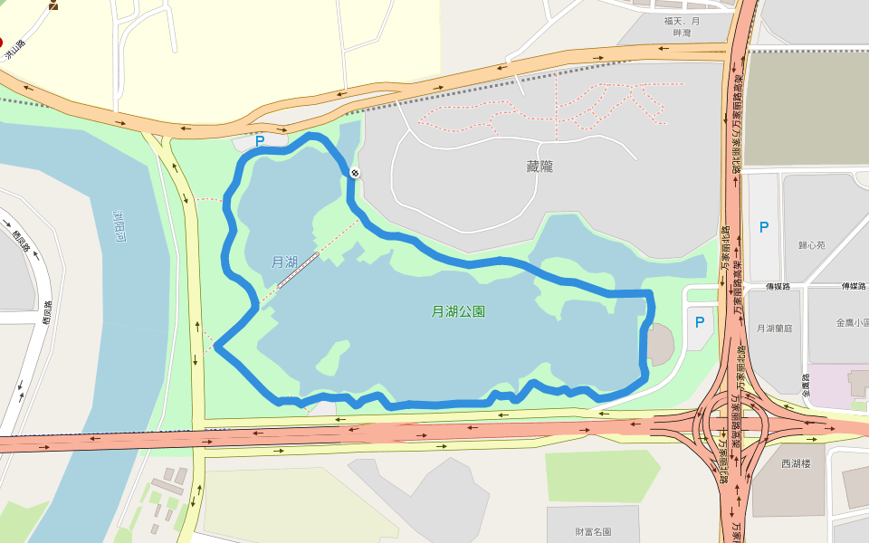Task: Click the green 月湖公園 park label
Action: pyautogui.click(x=458, y=311)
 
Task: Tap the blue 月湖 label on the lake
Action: pyautogui.click(x=284, y=262)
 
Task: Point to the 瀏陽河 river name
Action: pyautogui.click(x=119, y=227)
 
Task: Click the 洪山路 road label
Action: pyautogui.click(x=15, y=50)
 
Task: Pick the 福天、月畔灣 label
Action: pyautogui.click(x=682, y=26)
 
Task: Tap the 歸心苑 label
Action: pyautogui.click(x=812, y=245)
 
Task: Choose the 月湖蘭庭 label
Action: pyautogui.click(x=774, y=329)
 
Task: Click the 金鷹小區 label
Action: pyautogui.click(x=851, y=322)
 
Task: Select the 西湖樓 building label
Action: pyautogui.click(x=796, y=464)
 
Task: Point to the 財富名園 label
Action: pyautogui.click(x=593, y=532)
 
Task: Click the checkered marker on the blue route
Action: pyautogui.click(x=355, y=173)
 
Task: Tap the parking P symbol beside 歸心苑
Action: pyautogui.click(x=764, y=227)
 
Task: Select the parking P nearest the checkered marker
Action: pyautogui.click(x=260, y=141)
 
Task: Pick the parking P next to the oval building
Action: pyautogui.click(x=699, y=321)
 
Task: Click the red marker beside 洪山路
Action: pyautogui.click(x=1, y=41)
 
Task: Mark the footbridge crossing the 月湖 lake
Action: pyautogui.click(x=298, y=271)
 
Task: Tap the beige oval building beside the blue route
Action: pyautogui.click(x=661, y=344)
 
